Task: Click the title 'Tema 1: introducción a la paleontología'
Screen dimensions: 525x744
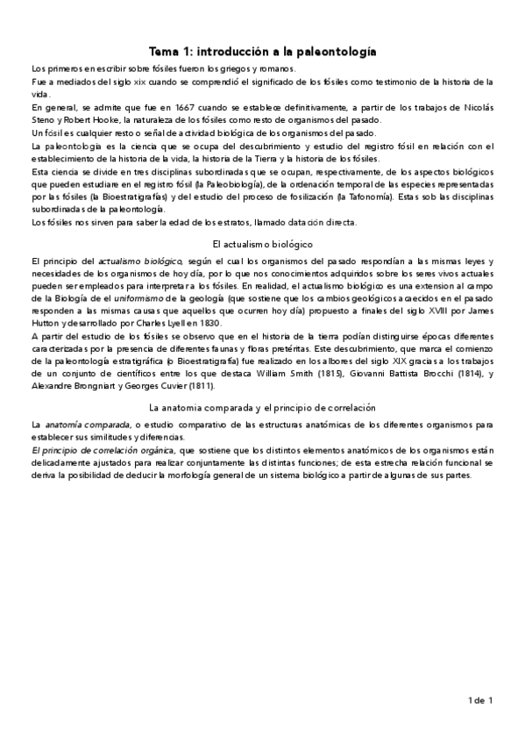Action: click(x=263, y=52)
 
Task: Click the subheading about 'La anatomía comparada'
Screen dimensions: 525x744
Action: click(x=262, y=408)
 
